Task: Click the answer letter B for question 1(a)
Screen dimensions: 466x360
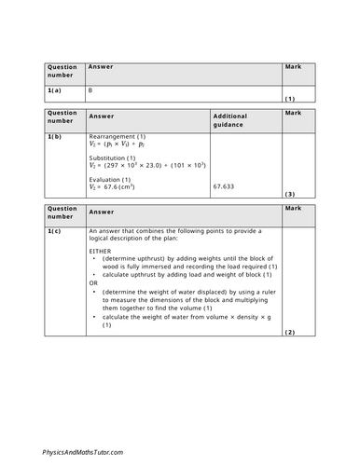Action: [90, 90]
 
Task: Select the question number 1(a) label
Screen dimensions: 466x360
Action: [54, 90]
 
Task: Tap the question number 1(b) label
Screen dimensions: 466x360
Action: [54, 136]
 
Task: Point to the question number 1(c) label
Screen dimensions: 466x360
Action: [54, 229]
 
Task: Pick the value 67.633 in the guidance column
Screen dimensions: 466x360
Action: [224, 185]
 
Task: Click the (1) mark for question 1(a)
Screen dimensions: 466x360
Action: [289, 98]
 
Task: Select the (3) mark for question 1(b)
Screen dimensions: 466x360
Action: [289, 194]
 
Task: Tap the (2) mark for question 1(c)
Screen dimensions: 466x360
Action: [289, 332]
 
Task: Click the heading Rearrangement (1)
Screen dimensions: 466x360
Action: [118, 137]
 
